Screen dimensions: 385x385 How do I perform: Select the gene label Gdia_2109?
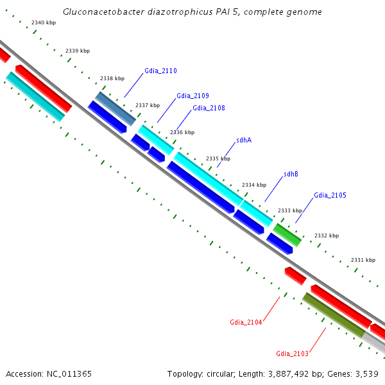coord(193,96)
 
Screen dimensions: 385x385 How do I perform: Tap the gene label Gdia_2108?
coord(209,108)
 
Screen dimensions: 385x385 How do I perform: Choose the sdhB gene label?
coord(291,174)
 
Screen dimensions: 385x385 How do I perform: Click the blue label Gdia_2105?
coord(330,195)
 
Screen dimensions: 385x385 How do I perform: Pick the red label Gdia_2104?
coord(246,322)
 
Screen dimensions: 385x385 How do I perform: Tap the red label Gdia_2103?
coord(292,354)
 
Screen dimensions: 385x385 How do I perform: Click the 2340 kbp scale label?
coord(44,22)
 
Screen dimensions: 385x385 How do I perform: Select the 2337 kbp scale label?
coord(147,105)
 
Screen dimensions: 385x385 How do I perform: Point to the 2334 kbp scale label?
coord(253,185)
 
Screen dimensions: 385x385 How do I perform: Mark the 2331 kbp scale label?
coord(363,260)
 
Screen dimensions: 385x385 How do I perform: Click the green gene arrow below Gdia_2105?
coord(287,234)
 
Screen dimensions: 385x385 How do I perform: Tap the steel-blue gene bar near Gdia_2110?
coord(116,108)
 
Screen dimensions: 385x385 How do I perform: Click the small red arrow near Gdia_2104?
coord(295,276)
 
